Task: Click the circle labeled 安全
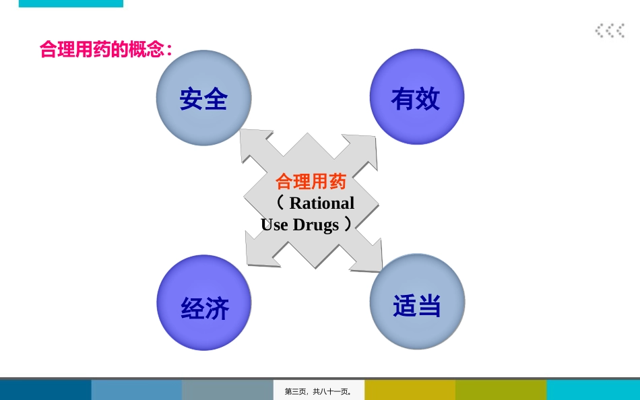[x=203, y=98]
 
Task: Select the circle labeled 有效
[x=417, y=97]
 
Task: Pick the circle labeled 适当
[x=417, y=302]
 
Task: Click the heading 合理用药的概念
[x=106, y=49]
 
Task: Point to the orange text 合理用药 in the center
[x=311, y=182]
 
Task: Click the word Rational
[x=321, y=203]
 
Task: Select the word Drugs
[x=316, y=225]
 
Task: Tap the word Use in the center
[x=274, y=225]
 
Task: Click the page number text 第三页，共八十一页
[x=319, y=391]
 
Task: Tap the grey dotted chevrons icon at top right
[x=610, y=30]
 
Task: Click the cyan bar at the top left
[x=71, y=3]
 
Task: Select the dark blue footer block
[x=45, y=390]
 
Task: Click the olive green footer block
[x=501, y=390]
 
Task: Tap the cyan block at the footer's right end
[x=593, y=390]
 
